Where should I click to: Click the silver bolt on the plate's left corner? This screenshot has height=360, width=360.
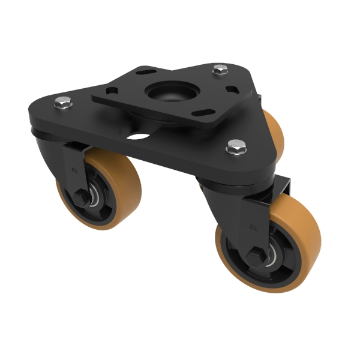pos(62,103)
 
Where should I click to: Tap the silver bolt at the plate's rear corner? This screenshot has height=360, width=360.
pos(220,70)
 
